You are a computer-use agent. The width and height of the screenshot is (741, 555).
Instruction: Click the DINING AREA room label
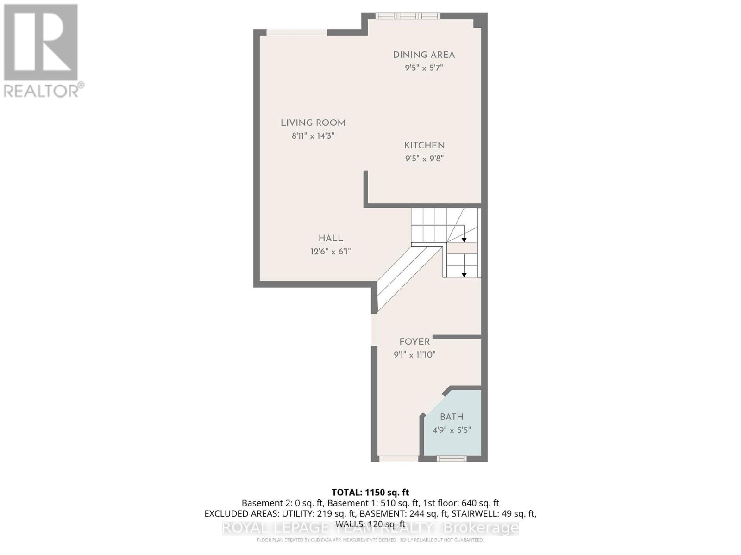[424, 55]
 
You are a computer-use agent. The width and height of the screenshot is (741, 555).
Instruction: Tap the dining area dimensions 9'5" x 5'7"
[424, 68]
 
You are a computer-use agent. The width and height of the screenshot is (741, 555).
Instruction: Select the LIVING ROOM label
[313, 123]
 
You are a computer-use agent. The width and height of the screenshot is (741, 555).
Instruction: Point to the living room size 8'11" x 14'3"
[313, 136]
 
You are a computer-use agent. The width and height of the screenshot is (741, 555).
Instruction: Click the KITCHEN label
[424, 145]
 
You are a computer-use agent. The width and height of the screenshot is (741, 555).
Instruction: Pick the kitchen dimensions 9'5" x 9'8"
[424, 158]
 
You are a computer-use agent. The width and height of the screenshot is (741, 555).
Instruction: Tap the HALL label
[331, 238]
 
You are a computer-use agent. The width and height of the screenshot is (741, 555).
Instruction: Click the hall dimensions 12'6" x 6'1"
[331, 252]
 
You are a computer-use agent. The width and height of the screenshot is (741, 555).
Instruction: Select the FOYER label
[414, 341]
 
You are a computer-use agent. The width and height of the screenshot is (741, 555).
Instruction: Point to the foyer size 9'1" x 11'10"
[414, 355]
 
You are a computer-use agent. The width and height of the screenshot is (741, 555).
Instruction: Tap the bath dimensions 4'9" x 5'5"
[452, 430]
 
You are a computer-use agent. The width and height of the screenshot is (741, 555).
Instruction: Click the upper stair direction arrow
[464, 240]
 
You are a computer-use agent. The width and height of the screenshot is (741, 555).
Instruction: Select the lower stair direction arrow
[464, 275]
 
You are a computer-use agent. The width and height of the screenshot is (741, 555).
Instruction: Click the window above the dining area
[407, 16]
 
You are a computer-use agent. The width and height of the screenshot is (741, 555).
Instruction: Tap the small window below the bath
[452, 458]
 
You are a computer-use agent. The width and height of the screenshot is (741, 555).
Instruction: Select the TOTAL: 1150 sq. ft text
[370, 492]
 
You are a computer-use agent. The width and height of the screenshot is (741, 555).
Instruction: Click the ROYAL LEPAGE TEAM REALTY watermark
[370, 528]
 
